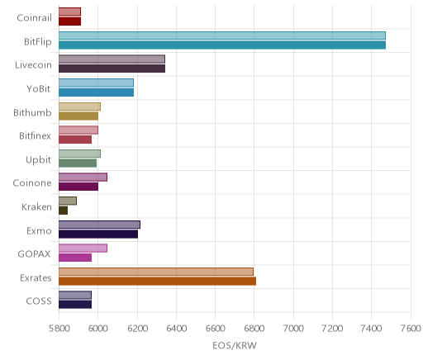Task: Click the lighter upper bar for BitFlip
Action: [x=222, y=36]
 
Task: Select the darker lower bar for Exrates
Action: [x=157, y=281]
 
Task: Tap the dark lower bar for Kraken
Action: [x=63, y=211]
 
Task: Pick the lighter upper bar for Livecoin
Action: [x=112, y=59]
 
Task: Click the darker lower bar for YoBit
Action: [x=96, y=92]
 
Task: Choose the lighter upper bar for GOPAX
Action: [x=83, y=248]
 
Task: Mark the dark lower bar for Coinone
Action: [x=78, y=187]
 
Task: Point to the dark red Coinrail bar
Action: [x=69, y=21]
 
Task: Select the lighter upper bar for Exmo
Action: [x=99, y=225]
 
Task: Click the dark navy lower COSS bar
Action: [x=75, y=305]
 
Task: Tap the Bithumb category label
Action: [x=32, y=112]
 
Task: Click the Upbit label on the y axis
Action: [x=38, y=160]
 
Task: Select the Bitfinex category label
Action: [x=35, y=136]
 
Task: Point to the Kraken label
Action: [x=36, y=206]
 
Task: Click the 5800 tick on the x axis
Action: [x=59, y=329]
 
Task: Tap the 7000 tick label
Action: [x=293, y=329]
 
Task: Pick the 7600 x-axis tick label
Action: [x=411, y=329]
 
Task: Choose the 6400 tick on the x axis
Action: [x=176, y=329]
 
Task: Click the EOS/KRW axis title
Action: [x=235, y=345]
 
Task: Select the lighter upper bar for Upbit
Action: [x=79, y=154]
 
